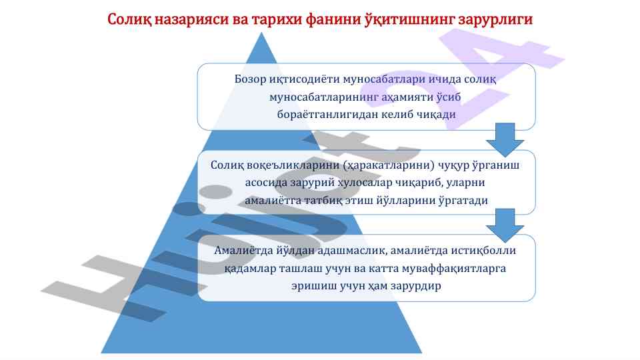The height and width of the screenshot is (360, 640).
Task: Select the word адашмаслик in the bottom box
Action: (x=357, y=251)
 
